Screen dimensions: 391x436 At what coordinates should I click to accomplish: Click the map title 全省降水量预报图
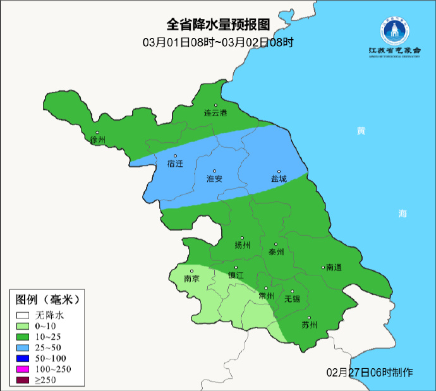click(218, 25)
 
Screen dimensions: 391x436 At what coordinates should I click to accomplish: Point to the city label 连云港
click(215, 113)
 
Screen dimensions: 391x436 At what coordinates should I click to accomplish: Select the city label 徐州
click(97, 140)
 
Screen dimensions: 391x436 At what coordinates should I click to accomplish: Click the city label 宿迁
click(175, 164)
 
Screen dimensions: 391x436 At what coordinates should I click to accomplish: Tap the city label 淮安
click(214, 179)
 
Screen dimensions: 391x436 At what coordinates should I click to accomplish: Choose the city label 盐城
click(279, 179)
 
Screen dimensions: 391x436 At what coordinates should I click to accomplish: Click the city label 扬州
click(243, 245)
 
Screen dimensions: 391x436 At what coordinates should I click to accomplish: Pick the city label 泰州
click(276, 251)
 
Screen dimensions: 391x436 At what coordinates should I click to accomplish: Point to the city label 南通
click(333, 268)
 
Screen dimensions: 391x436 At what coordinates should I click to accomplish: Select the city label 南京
click(191, 279)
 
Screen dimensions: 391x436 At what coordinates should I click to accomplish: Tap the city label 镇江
click(236, 275)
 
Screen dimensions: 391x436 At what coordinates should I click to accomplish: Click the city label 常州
click(267, 295)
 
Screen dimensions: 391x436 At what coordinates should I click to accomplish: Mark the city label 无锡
click(292, 299)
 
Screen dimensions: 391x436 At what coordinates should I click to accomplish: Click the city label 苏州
click(309, 325)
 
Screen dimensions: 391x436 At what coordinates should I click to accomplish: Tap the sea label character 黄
click(361, 131)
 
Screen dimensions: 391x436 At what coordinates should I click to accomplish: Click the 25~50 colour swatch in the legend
click(23, 349)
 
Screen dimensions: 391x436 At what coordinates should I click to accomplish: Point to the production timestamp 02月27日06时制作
click(369, 372)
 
